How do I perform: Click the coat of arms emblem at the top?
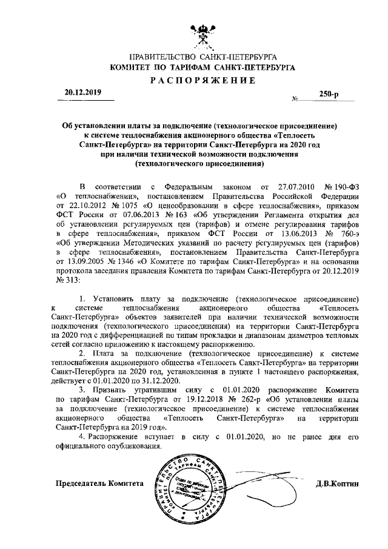click(x=199, y=32)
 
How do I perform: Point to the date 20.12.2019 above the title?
click(x=81, y=92)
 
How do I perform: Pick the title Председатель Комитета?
click(x=100, y=483)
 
